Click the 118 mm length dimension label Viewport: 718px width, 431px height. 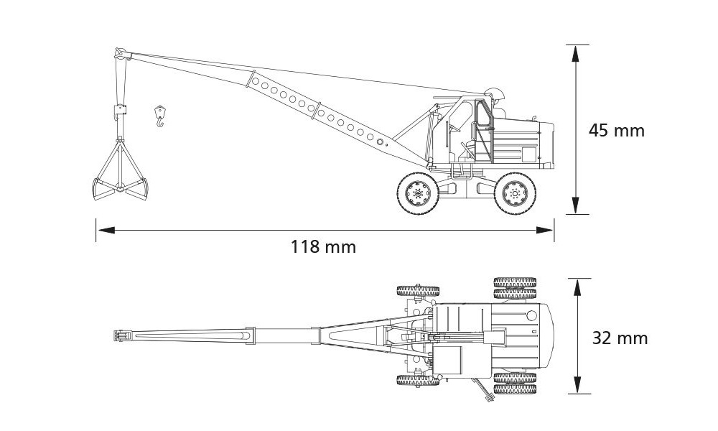point(323,247)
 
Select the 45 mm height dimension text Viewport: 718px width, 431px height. point(616,131)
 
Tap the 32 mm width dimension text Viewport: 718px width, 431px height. point(620,338)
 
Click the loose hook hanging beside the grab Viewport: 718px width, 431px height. point(159,116)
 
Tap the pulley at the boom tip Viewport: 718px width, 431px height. point(119,54)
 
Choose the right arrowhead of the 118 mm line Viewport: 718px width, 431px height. point(545,230)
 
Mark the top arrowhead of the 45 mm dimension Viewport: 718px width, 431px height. point(576,53)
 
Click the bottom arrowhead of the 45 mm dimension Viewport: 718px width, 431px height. point(576,205)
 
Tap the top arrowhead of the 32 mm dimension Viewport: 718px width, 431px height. point(578,287)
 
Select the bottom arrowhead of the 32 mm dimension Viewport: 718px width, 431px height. point(578,385)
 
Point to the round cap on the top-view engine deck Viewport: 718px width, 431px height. point(531,315)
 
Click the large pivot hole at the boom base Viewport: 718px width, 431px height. point(380,142)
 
